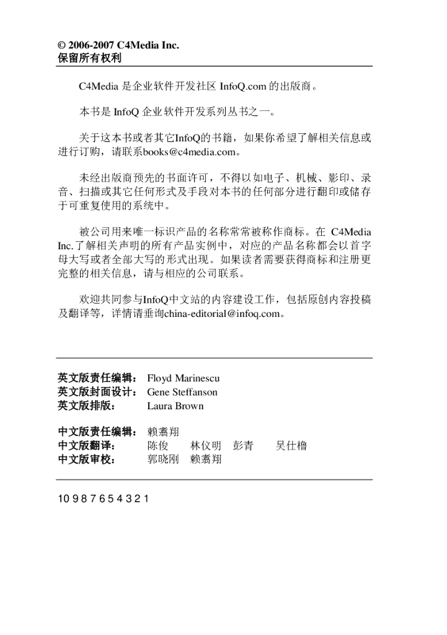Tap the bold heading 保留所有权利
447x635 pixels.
[x=89, y=58]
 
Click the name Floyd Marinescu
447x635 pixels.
[x=183, y=378]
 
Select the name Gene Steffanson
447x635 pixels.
[x=182, y=393]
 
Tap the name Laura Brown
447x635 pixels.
[x=175, y=407]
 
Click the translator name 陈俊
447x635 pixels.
[x=157, y=446]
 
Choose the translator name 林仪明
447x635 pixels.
[x=206, y=446]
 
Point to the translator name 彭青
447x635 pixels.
[x=243, y=446]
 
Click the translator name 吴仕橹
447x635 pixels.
[x=291, y=446]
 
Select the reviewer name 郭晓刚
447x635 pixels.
[x=163, y=460]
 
